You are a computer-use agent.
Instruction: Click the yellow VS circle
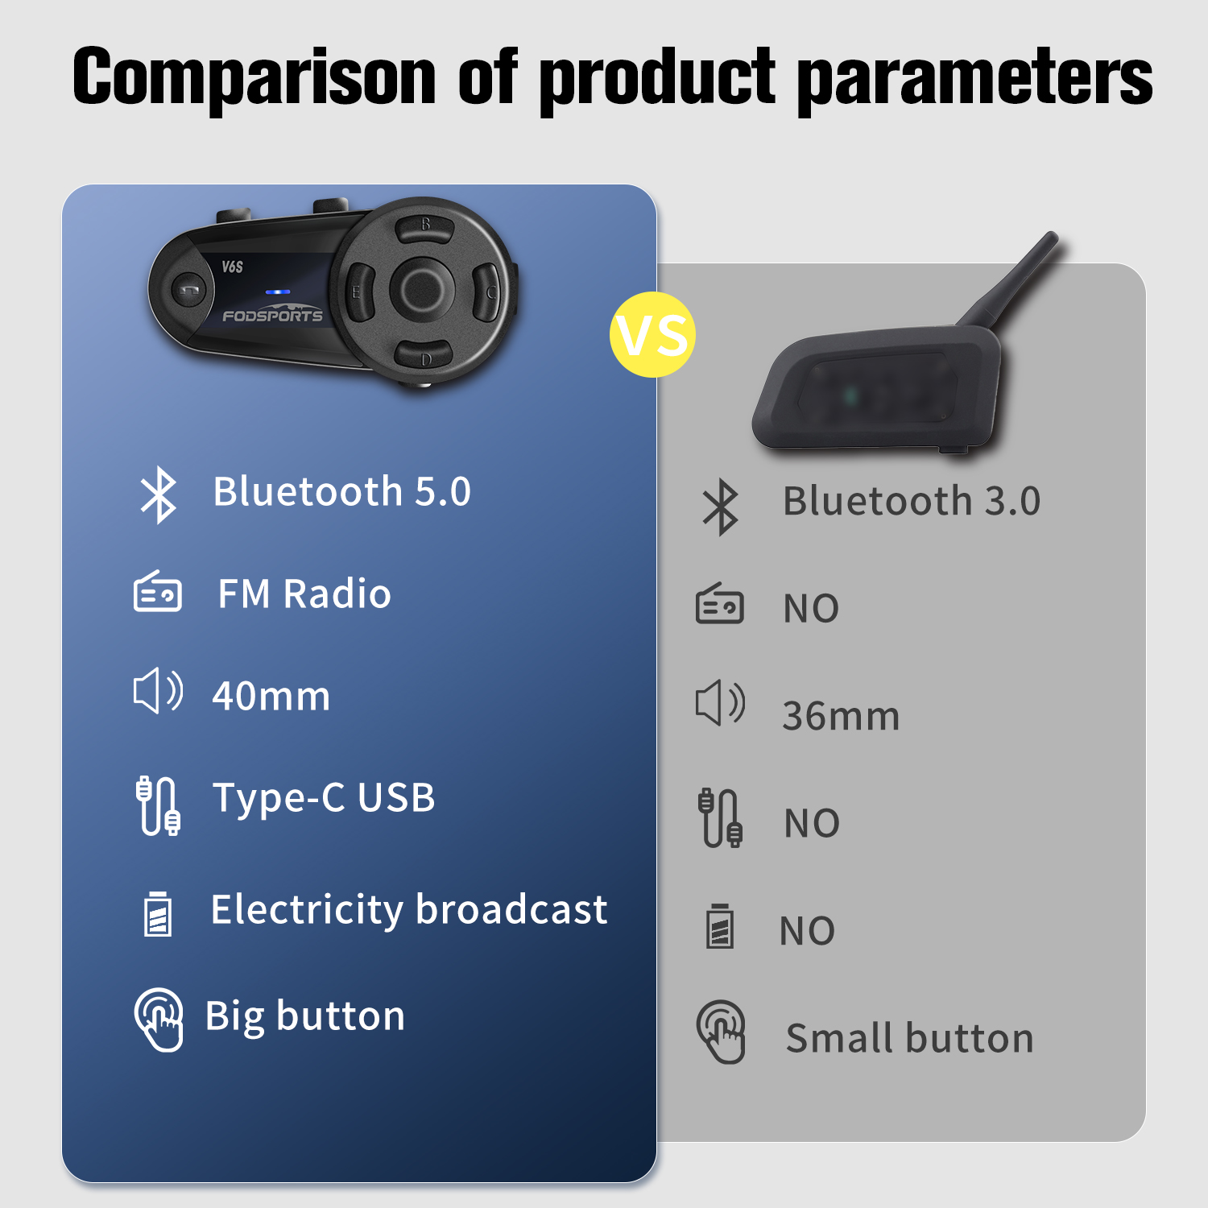(x=652, y=334)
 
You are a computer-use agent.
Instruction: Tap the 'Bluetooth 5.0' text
(x=341, y=492)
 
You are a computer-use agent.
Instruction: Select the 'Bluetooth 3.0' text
(x=912, y=502)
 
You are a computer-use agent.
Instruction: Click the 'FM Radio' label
(x=304, y=594)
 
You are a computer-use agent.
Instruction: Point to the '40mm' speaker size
(x=271, y=697)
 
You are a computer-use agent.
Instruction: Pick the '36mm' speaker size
(x=841, y=716)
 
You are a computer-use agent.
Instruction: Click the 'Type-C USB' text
(x=324, y=798)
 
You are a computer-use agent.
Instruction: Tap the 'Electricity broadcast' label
(x=408, y=910)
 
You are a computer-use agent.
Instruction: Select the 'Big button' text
(x=305, y=1016)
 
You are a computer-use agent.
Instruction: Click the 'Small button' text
(x=909, y=1038)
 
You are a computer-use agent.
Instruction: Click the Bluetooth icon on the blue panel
(x=159, y=494)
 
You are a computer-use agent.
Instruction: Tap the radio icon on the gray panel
(x=719, y=605)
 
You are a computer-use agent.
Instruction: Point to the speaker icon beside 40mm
(x=158, y=691)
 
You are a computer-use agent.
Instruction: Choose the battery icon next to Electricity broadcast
(x=158, y=913)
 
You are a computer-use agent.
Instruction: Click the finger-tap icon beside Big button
(x=159, y=1019)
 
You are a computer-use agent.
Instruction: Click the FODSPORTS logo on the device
(x=272, y=315)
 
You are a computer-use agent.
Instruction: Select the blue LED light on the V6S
(x=277, y=292)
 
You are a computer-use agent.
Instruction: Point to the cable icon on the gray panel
(x=719, y=817)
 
